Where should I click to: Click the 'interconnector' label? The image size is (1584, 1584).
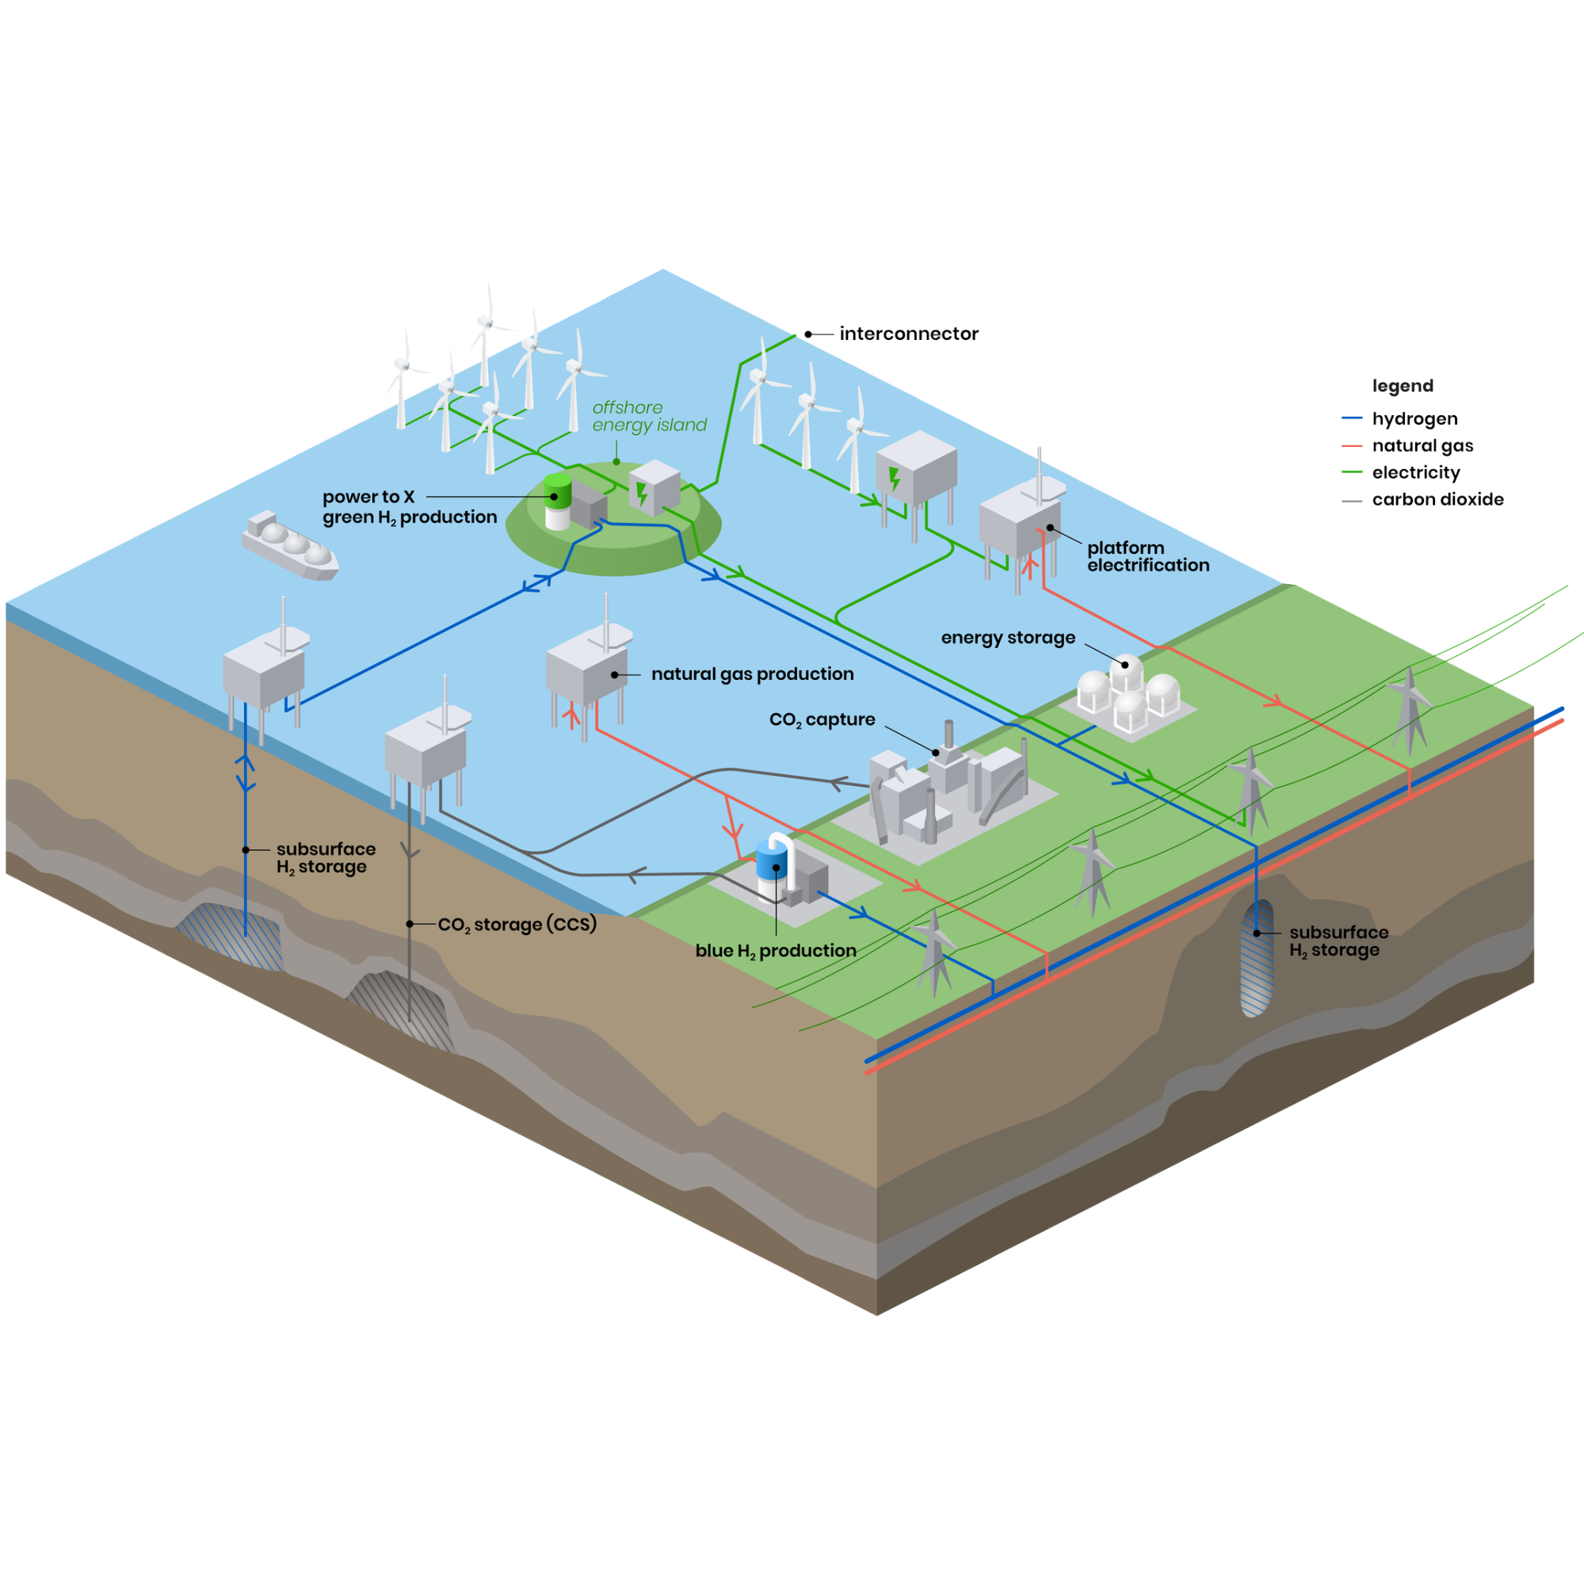click(908, 334)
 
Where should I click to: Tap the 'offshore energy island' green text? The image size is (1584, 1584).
click(648, 417)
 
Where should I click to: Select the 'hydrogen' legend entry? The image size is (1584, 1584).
click(1414, 419)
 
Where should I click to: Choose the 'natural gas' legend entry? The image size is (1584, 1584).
click(1422, 446)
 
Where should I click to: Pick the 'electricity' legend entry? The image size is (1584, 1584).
click(1416, 473)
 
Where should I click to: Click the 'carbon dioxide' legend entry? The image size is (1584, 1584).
click(1437, 499)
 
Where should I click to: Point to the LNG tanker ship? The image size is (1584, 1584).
click(289, 545)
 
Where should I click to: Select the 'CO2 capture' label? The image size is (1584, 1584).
click(822, 719)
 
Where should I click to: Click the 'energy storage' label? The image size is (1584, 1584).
click(1008, 638)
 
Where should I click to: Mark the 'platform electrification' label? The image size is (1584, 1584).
click(1148, 557)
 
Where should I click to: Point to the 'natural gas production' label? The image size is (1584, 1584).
click(752, 674)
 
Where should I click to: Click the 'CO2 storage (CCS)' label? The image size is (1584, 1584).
click(517, 925)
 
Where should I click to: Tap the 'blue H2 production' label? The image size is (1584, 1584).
click(776, 951)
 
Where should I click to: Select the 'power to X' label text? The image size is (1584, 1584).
click(369, 497)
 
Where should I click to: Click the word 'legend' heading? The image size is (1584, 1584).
click(1403, 386)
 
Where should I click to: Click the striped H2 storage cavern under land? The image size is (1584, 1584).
click(1257, 958)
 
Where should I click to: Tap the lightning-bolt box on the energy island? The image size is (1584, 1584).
click(654, 488)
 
